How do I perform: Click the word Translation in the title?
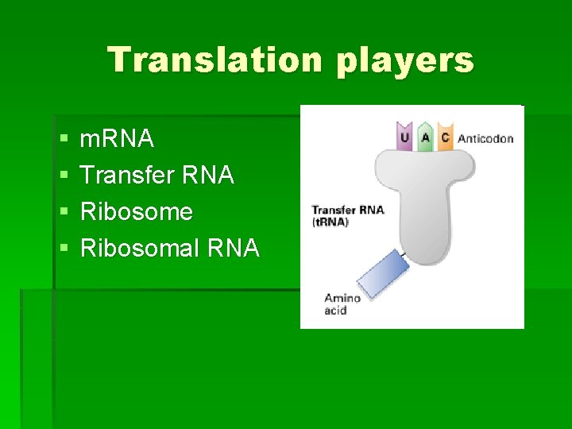(215, 60)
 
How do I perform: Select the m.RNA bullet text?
(117, 139)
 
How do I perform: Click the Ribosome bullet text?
(137, 211)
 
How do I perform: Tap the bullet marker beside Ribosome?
(64, 212)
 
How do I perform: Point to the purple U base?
(405, 137)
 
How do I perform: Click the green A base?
(425, 137)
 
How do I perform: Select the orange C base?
(445, 137)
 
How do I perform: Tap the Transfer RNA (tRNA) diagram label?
(347, 215)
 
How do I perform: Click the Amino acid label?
(342, 303)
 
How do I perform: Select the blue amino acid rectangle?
(382, 273)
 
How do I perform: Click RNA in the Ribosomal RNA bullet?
(232, 248)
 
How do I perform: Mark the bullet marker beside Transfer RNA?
(64, 176)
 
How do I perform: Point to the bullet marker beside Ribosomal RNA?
(64, 249)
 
